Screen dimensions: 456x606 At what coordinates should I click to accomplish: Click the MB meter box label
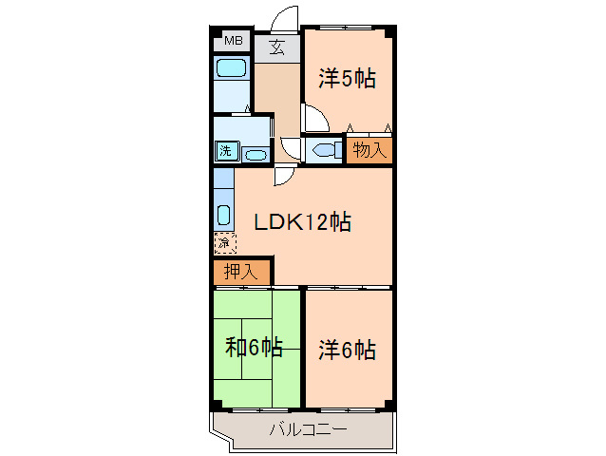(233, 41)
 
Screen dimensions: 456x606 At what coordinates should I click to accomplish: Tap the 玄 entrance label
(277, 46)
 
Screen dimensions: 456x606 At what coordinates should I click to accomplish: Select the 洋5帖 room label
(347, 79)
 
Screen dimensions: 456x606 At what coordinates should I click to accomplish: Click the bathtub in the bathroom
(231, 68)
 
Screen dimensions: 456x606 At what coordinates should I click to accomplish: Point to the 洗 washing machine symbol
(226, 150)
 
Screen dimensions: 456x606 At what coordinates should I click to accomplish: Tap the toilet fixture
(324, 150)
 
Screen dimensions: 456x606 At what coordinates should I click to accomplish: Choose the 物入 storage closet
(369, 149)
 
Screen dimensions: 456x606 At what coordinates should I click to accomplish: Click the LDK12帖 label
(302, 222)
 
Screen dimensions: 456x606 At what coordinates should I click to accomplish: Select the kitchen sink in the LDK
(223, 214)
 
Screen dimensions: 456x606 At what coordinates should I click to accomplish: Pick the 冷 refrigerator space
(223, 244)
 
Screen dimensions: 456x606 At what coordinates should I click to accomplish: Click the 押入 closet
(240, 272)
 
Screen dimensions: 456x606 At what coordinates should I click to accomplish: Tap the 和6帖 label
(254, 347)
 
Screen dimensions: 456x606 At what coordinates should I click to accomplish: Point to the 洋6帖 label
(347, 350)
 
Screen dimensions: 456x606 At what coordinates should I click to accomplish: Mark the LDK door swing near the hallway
(282, 176)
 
